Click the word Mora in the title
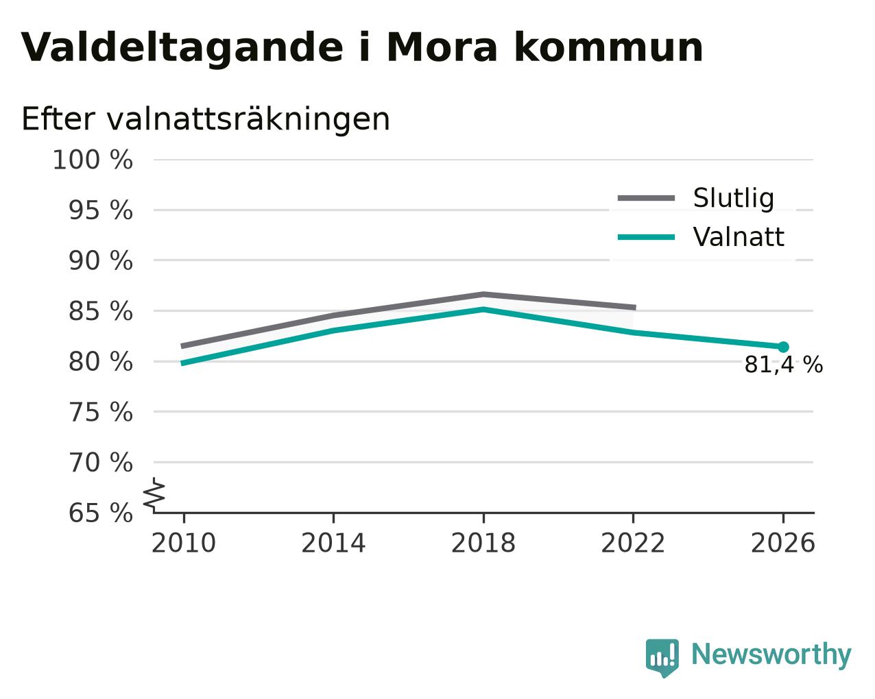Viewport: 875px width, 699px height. click(x=442, y=47)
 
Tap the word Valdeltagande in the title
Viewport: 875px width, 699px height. click(x=182, y=49)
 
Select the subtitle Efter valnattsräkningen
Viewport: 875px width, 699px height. click(x=205, y=119)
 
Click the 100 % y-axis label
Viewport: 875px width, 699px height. click(x=93, y=160)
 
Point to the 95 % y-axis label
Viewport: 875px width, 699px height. click(x=100, y=210)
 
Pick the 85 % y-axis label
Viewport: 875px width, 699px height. click(x=100, y=311)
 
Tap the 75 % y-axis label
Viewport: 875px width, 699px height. click(x=100, y=412)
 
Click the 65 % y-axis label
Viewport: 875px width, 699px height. click(x=100, y=513)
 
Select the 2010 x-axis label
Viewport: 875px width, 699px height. click(x=183, y=543)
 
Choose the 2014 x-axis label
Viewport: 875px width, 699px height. click(x=333, y=543)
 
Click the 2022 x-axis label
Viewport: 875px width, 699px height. click(x=633, y=543)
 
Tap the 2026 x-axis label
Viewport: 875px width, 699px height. click(x=782, y=543)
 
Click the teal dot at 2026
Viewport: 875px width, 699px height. click(x=783, y=347)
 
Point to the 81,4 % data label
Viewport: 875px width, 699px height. click(x=784, y=365)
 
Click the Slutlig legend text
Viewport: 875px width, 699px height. click(x=734, y=199)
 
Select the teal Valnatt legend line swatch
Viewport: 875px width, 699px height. click(x=646, y=237)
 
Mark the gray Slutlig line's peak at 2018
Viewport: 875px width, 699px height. click(x=483, y=294)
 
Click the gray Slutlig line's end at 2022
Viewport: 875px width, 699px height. click(x=635, y=308)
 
